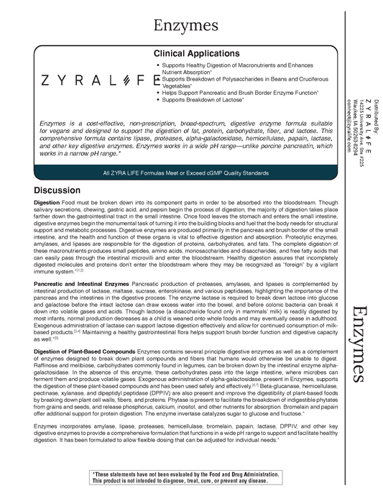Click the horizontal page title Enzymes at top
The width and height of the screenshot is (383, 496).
[x=185, y=26]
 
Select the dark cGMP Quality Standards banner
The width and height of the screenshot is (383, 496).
[x=185, y=173]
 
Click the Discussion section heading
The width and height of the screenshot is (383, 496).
[x=60, y=190]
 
